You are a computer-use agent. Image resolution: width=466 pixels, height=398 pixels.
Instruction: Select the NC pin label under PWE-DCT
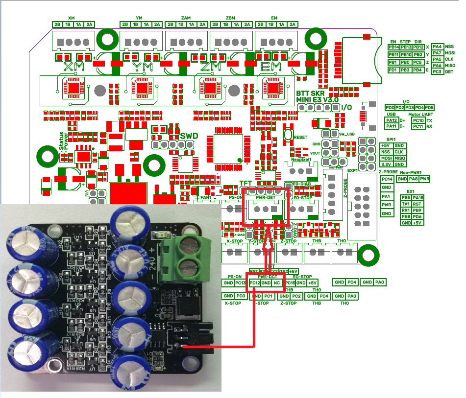277,282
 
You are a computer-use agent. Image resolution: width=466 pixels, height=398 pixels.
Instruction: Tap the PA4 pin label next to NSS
438,47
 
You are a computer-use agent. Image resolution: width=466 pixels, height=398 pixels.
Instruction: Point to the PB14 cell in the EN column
393,47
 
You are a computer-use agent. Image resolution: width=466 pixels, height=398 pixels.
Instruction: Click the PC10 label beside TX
418,120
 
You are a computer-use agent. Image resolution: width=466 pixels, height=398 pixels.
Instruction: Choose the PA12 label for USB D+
392,120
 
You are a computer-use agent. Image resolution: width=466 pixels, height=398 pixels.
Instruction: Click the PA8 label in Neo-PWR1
413,179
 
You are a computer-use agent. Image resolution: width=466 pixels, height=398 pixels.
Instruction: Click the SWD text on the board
189,136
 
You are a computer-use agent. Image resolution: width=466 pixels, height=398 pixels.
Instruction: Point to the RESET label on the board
300,138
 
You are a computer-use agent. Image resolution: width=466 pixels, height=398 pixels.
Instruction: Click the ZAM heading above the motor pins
186,18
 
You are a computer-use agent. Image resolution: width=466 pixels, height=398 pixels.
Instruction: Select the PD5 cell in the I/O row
429,107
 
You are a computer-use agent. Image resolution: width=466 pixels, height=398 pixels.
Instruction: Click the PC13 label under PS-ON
240,283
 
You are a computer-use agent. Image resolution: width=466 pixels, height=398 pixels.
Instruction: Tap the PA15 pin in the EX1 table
418,197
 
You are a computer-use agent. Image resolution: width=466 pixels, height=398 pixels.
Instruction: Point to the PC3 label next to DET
438,72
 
